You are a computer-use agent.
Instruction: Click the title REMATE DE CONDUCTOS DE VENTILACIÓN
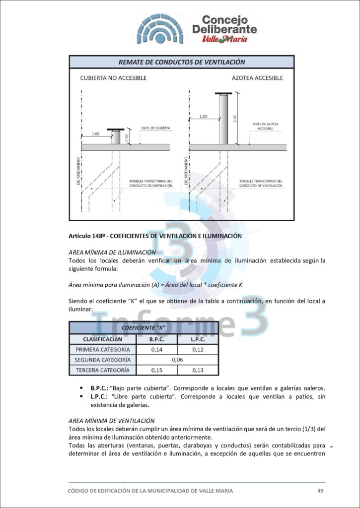182,62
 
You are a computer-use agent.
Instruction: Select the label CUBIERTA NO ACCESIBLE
113,78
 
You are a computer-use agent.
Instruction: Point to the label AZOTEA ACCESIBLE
257,78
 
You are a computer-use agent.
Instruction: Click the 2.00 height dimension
235,119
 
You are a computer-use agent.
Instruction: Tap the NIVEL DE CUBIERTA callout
155,128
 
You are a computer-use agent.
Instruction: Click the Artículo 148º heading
155,236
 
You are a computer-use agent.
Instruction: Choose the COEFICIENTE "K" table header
143,328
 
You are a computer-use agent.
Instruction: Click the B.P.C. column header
157,339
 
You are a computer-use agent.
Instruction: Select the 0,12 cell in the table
197,350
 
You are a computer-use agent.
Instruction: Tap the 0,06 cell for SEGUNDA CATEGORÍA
177,360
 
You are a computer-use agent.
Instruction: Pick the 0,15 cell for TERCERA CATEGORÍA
157,370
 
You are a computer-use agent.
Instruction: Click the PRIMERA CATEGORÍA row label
102,350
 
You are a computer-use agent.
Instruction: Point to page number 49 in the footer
320,491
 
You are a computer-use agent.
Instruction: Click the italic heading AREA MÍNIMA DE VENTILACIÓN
111,421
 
